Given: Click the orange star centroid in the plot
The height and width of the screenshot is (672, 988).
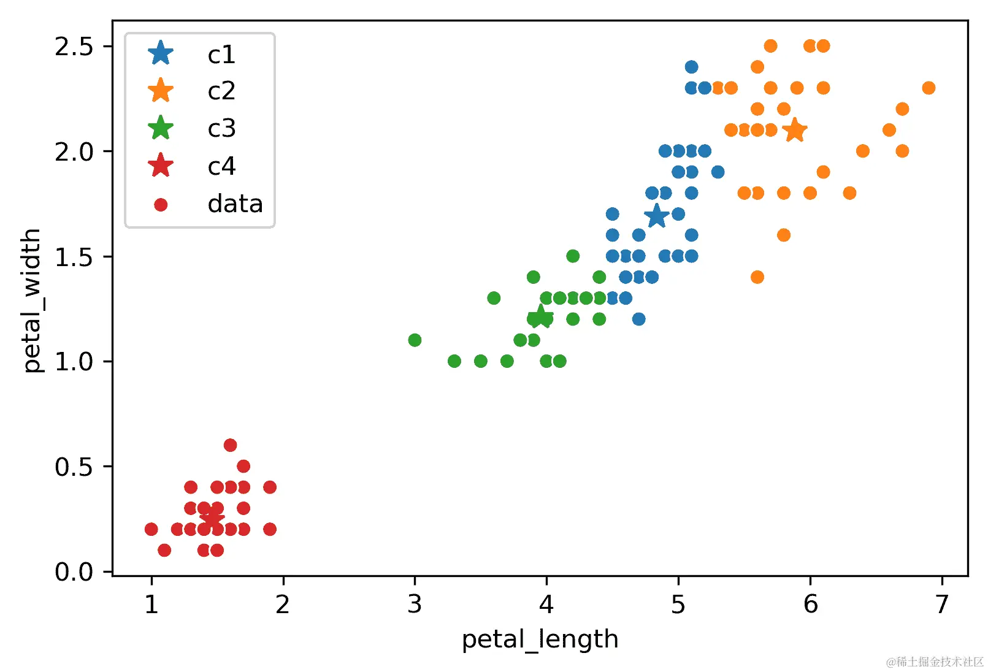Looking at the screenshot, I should [795, 130].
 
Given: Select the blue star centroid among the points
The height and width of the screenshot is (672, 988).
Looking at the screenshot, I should [656, 215].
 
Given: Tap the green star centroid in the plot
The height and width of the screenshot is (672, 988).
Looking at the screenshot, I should [540, 317].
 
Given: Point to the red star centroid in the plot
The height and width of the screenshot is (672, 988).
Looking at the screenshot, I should [212, 518].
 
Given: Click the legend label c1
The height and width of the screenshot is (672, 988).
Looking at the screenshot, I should [221, 55].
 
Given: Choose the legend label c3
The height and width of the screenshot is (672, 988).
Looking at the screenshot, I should [221, 129].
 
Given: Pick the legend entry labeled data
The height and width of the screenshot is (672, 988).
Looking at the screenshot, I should [235, 204].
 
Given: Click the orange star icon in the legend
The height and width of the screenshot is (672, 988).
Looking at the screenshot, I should [161, 91].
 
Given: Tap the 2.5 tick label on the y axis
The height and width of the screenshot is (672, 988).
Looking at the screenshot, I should [74, 47].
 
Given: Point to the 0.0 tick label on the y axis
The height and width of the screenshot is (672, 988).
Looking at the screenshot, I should [74, 571].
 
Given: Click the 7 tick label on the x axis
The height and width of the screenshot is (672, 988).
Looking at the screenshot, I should [942, 605].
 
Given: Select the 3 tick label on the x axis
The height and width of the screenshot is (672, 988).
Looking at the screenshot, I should [415, 605].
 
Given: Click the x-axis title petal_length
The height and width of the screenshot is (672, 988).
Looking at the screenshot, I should [540, 639].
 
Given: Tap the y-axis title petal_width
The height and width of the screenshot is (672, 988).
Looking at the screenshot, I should [31, 300].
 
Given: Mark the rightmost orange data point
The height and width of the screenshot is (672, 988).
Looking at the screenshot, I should [929, 88].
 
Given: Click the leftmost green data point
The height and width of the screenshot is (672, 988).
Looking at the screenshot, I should [415, 340].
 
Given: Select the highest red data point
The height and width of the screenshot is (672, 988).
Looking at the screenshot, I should [231, 445].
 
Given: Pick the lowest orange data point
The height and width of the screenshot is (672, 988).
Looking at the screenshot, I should [757, 277].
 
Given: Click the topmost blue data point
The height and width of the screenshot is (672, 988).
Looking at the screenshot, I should [691, 67].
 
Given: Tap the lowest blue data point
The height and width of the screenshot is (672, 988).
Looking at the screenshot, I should [638, 319].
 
